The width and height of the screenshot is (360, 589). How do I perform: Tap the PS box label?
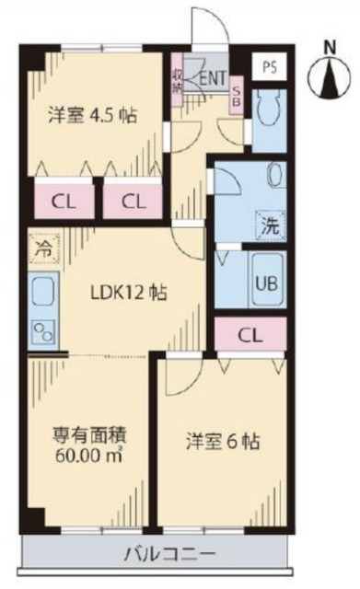[268, 66]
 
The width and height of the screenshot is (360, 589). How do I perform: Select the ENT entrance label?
[214, 79]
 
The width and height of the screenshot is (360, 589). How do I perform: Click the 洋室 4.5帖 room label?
[92, 116]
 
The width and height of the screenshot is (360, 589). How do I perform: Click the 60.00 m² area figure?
[88, 455]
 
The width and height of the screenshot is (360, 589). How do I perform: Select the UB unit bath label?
[265, 283]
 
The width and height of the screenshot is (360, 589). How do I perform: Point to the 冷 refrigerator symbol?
[42, 248]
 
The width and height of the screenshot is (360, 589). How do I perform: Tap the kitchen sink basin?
[42, 294]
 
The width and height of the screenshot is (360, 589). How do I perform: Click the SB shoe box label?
[237, 95]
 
